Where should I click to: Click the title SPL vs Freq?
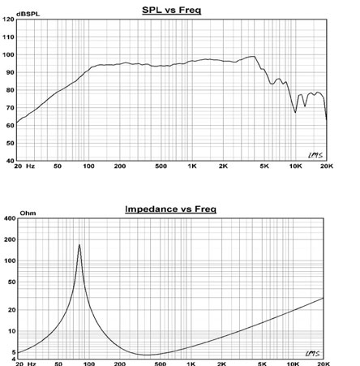[x=171, y=10]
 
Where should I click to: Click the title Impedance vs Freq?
[x=170, y=209]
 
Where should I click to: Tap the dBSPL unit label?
[x=28, y=14]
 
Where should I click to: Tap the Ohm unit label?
[x=28, y=213]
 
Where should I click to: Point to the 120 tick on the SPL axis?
[x=8, y=19]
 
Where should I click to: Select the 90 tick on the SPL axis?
[x=10, y=72]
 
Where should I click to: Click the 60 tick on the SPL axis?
[x=10, y=126]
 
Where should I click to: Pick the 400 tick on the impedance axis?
[x=10, y=218]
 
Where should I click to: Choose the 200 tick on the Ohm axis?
[x=10, y=239]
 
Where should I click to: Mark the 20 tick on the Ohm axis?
[x=12, y=310]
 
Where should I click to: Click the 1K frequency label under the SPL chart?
[x=192, y=166]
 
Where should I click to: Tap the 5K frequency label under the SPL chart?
[x=264, y=166]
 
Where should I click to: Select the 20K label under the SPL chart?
[x=327, y=166]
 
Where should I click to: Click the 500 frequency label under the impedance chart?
[x=160, y=364]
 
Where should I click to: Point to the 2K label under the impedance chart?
[x=221, y=364]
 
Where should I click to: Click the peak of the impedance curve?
[x=79, y=244]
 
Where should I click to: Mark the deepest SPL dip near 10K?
[x=295, y=112]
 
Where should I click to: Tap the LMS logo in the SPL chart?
[x=315, y=155]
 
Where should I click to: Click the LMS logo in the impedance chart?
[x=313, y=353]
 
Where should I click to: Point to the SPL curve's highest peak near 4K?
[x=254, y=56]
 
